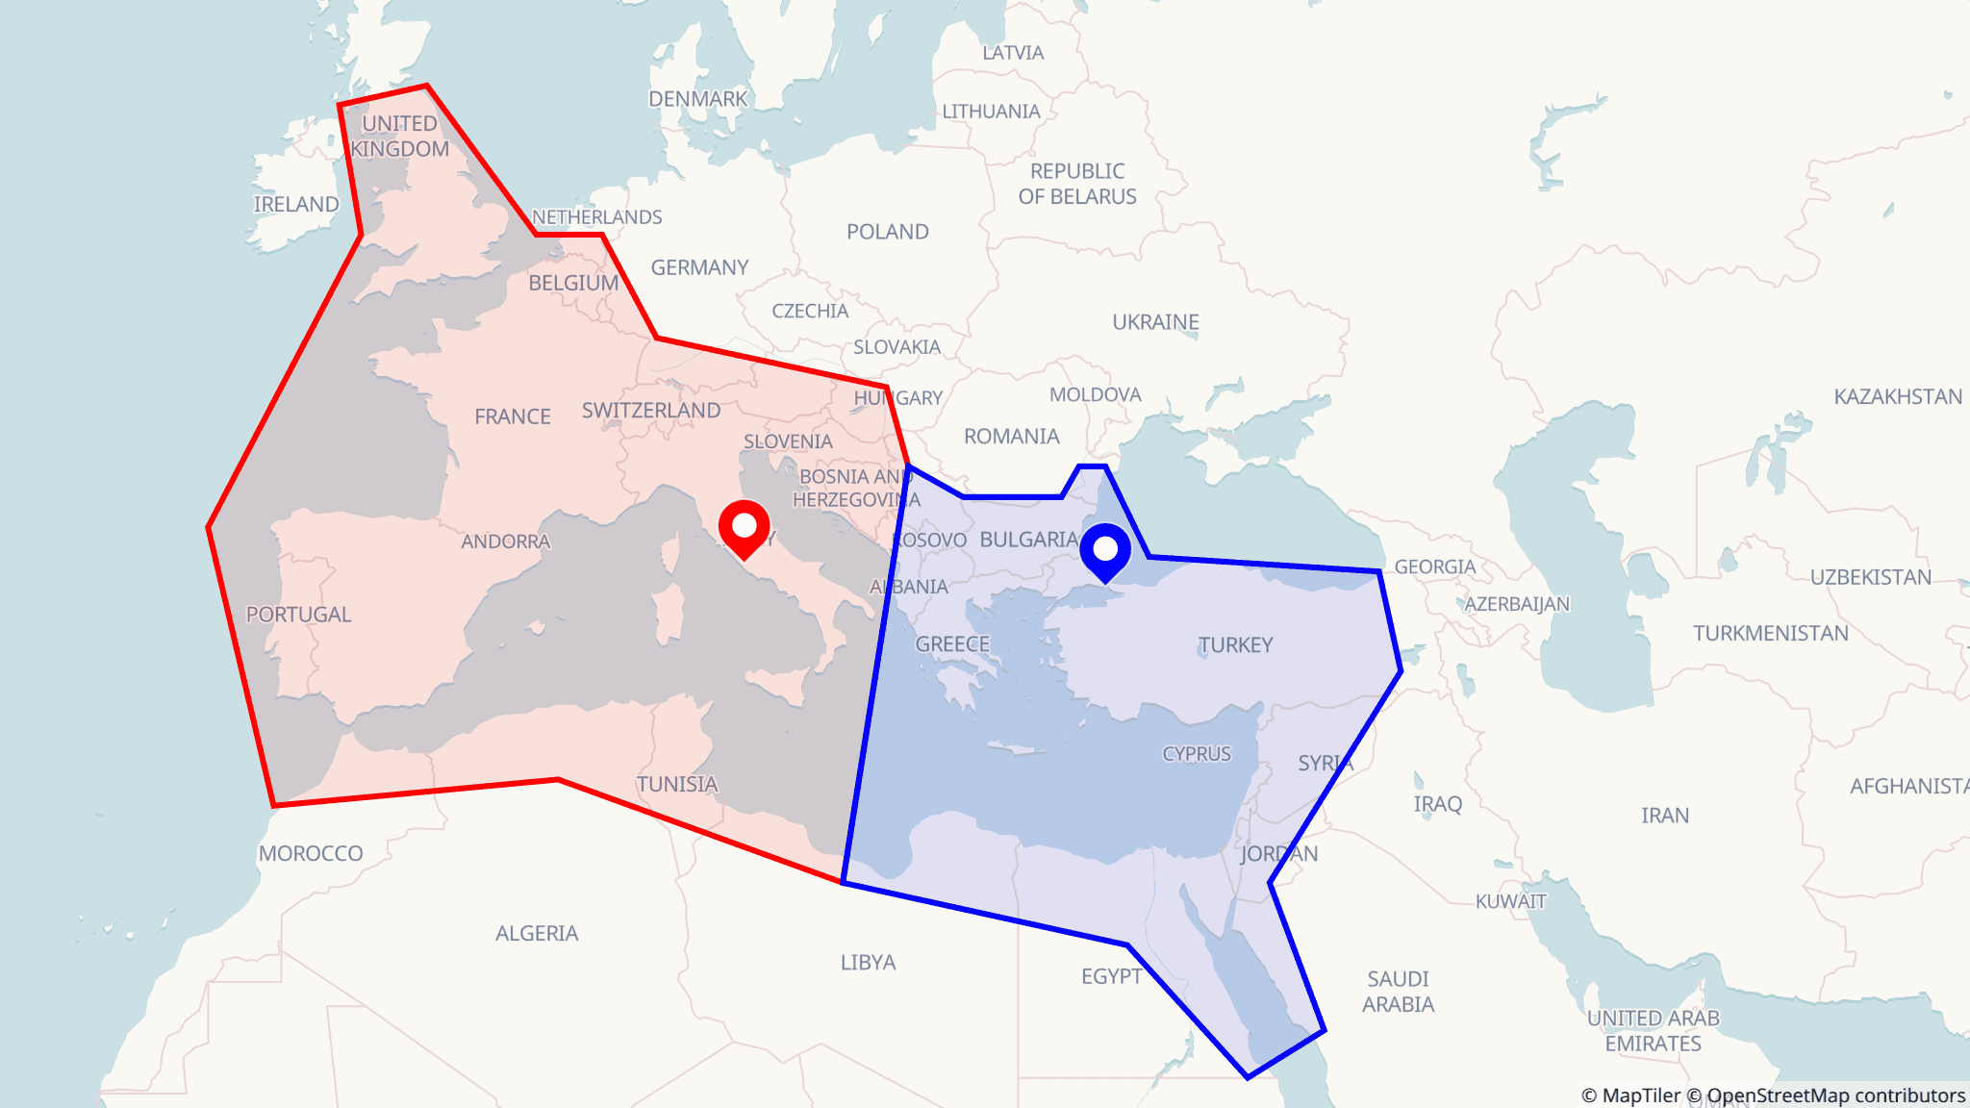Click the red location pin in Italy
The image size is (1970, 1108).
[x=744, y=526]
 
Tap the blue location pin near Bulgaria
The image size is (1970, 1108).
[x=1105, y=549]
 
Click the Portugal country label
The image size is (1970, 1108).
[x=298, y=615]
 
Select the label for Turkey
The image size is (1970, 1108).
[x=1235, y=645]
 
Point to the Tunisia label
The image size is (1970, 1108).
[x=676, y=785]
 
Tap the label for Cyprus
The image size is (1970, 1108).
[x=1196, y=754]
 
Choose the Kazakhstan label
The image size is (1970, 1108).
[x=1897, y=397]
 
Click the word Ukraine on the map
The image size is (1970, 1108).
[x=1155, y=322]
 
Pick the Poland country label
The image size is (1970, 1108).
[x=887, y=232]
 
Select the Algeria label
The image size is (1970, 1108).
[x=537, y=934]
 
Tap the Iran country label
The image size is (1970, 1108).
[x=1664, y=816]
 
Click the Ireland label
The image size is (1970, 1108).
[x=296, y=205]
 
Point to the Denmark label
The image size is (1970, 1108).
[x=697, y=99]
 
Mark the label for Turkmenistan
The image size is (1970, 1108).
[x=1770, y=634]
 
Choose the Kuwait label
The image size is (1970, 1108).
[x=1510, y=901]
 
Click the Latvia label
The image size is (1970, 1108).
[x=1012, y=53]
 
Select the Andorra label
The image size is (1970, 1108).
[x=505, y=541]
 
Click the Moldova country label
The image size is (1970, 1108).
[x=1095, y=395]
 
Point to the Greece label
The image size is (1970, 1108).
[x=951, y=644]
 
